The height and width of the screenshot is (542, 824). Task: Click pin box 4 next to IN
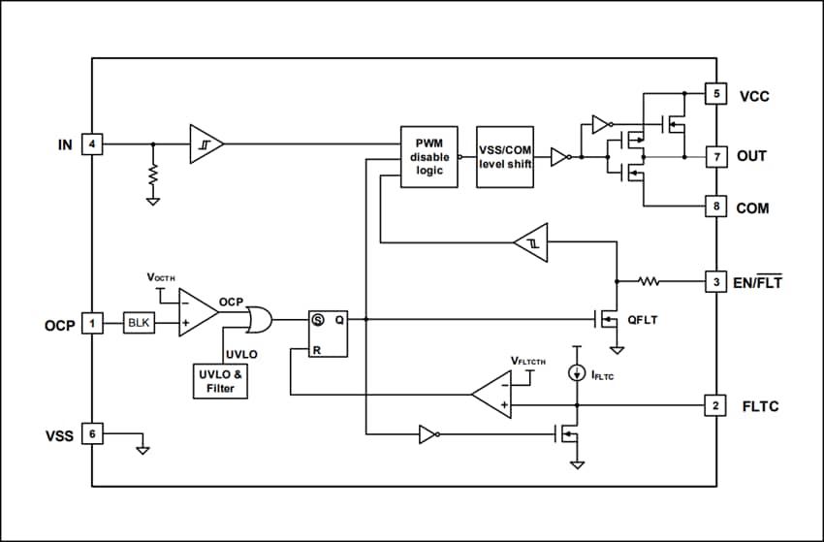[92, 145]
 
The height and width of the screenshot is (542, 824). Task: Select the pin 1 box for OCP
[92, 323]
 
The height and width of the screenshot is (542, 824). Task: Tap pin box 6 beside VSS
[92, 434]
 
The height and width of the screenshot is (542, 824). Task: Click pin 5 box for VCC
[716, 95]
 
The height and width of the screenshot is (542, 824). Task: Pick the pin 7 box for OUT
[716, 156]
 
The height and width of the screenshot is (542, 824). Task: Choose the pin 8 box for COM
[716, 207]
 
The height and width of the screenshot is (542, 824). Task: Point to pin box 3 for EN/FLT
[716, 282]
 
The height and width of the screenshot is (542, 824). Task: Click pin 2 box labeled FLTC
[716, 405]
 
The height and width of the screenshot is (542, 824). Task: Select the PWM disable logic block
[428, 156]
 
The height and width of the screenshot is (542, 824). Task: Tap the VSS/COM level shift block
[504, 156]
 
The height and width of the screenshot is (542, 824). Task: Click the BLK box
[139, 323]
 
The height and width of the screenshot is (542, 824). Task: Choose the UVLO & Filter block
[220, 381]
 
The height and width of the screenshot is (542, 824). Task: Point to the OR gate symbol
[258, 318]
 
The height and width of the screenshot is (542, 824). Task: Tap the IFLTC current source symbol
[577, 371]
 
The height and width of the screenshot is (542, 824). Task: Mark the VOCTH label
[161, 277]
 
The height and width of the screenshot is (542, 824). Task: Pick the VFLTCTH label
[528, 361]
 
